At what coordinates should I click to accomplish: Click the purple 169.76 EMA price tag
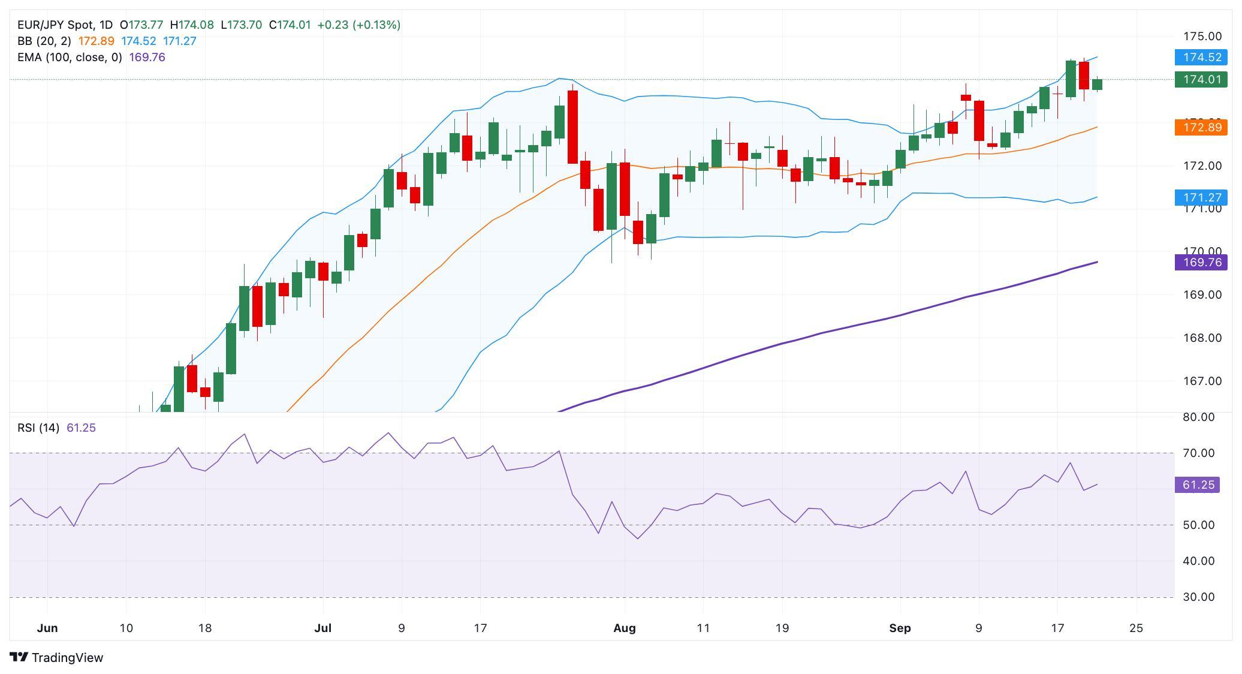(x=1201, y=263)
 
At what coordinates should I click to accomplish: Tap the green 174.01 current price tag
(x=1201, y=80)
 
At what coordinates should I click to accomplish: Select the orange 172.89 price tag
(x=1201, y=127)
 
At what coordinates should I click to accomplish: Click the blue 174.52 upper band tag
(x=1201, y=58)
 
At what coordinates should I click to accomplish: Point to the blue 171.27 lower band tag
(x=1201, y=197)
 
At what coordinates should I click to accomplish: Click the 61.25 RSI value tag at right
(x=1198, y=485)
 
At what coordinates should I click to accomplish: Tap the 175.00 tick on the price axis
(x=1201, y=37)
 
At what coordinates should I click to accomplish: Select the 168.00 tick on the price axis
(x=1201, y=338)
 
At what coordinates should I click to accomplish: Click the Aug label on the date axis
(x=624, y=628)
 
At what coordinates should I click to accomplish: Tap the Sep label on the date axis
(x=900, y=628)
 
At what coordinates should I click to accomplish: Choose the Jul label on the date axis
(x=322, y=628)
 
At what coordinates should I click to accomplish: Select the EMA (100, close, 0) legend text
(x=70, y=57)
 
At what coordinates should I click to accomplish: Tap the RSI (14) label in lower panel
(x=38, y=428)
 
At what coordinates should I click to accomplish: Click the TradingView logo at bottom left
(x=57, y=657)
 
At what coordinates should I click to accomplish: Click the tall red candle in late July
(x=572, y=127)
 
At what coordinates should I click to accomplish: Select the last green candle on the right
(x=1097, y=85)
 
